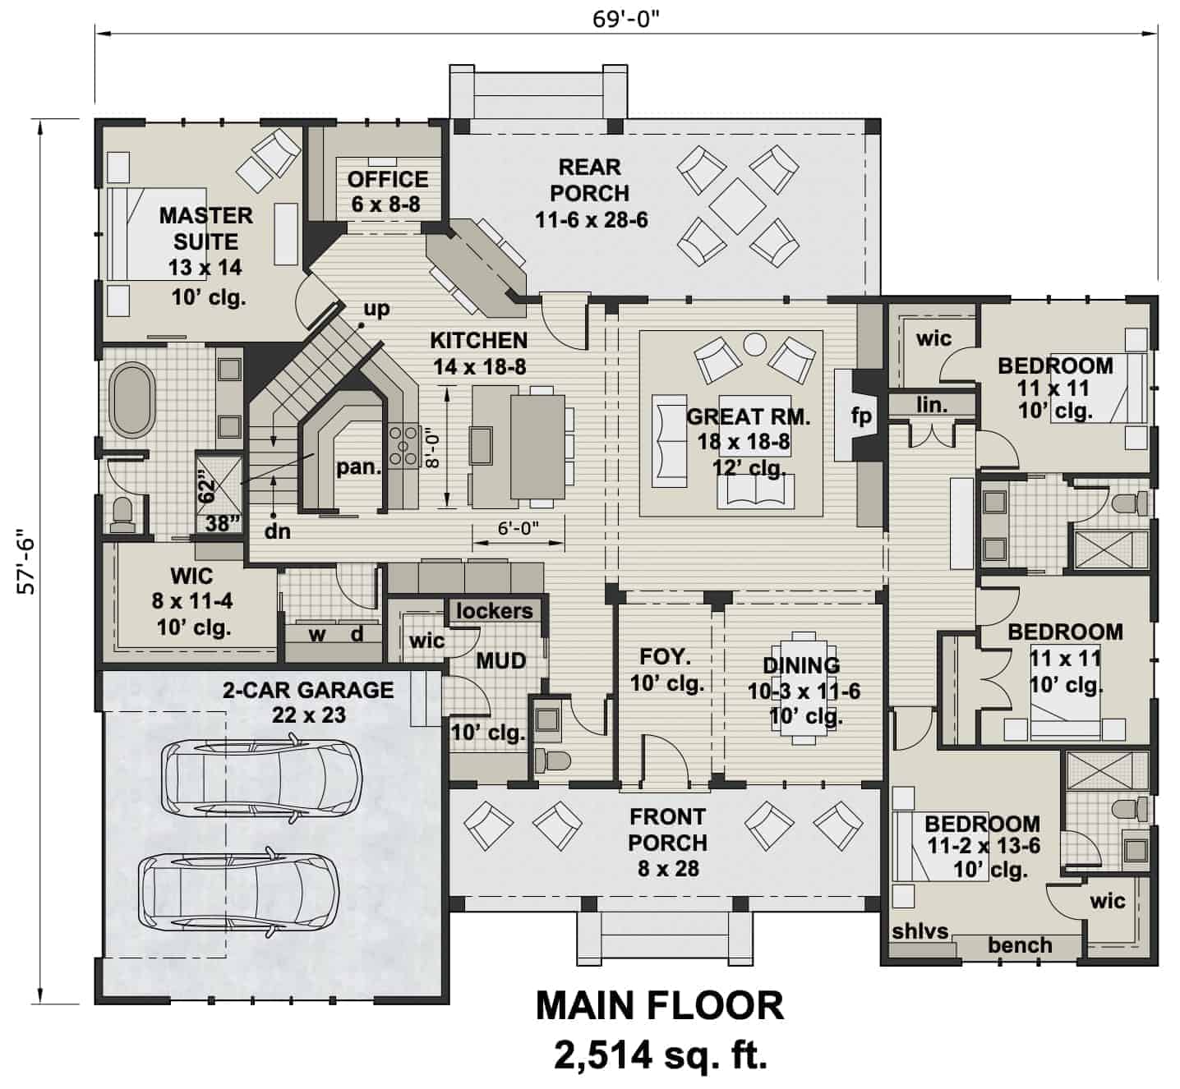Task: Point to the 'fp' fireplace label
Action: click(x=860, y=416)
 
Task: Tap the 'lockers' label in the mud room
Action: click(x=494, y=611)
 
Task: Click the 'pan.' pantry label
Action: click(x=359, y=467)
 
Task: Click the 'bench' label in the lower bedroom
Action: click(x=1020, y=945)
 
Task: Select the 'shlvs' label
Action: click(x=920, y=931)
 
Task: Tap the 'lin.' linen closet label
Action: click(x=932, y=405)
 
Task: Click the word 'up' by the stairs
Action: click(x=376, y=309)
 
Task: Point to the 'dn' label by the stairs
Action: click(x=278, y=531)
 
